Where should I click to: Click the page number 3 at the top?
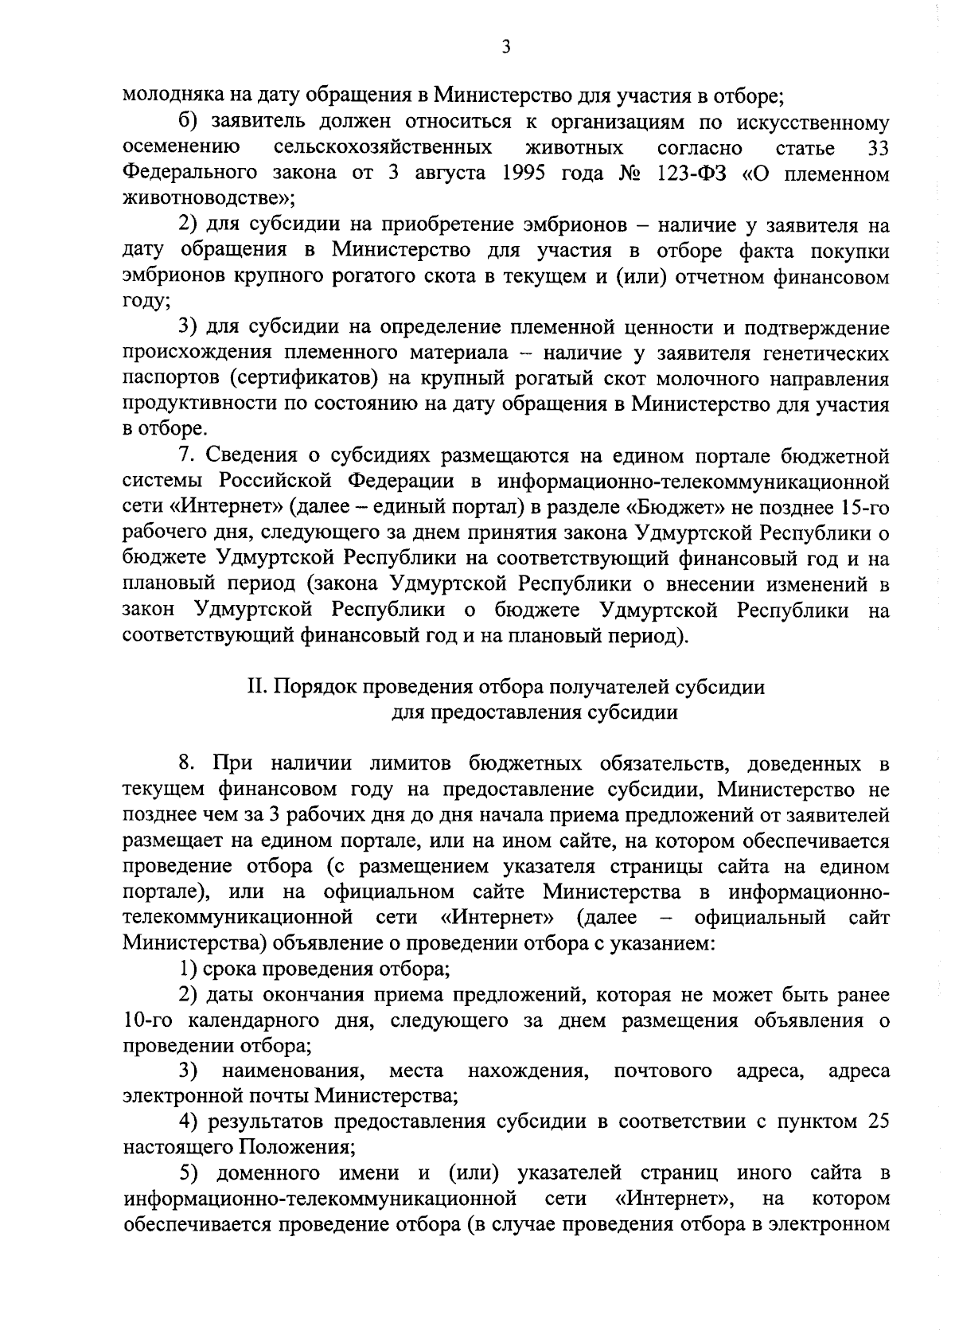tap(506, 47)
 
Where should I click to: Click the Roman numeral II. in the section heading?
tap(258, 687)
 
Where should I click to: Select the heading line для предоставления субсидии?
tap(536, 712)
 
